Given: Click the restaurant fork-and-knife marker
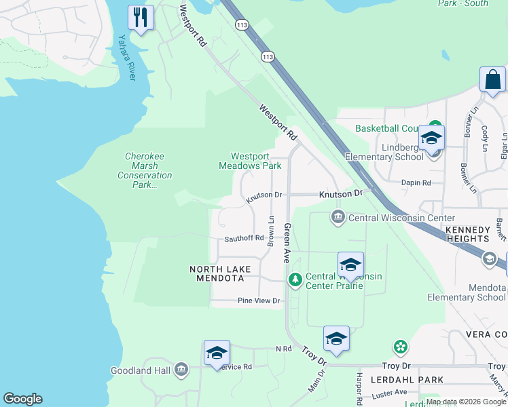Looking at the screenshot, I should [141, 17].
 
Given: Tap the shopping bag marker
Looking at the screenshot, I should [492, 79].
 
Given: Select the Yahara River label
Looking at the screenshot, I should [127, 58].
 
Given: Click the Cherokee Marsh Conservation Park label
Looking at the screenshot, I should [145, 170].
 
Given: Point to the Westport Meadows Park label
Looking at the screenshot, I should [250, 161].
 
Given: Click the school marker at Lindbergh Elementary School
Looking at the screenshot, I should [431, 138].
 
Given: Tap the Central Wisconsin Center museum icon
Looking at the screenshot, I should [338, 218].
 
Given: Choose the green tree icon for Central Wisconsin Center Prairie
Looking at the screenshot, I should [295, 279].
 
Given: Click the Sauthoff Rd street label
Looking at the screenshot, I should [244, 239].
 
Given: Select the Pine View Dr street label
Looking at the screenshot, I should [259, 301].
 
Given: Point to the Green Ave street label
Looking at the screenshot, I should [287, 244].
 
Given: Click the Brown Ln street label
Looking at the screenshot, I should [271, 231].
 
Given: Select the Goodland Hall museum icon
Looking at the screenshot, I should [181, 370].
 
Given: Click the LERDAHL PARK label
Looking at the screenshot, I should [412, 380].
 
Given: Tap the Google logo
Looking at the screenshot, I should [22, 399].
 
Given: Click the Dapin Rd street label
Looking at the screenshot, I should [416, 183].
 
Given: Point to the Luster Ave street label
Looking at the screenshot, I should [390, 393].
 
